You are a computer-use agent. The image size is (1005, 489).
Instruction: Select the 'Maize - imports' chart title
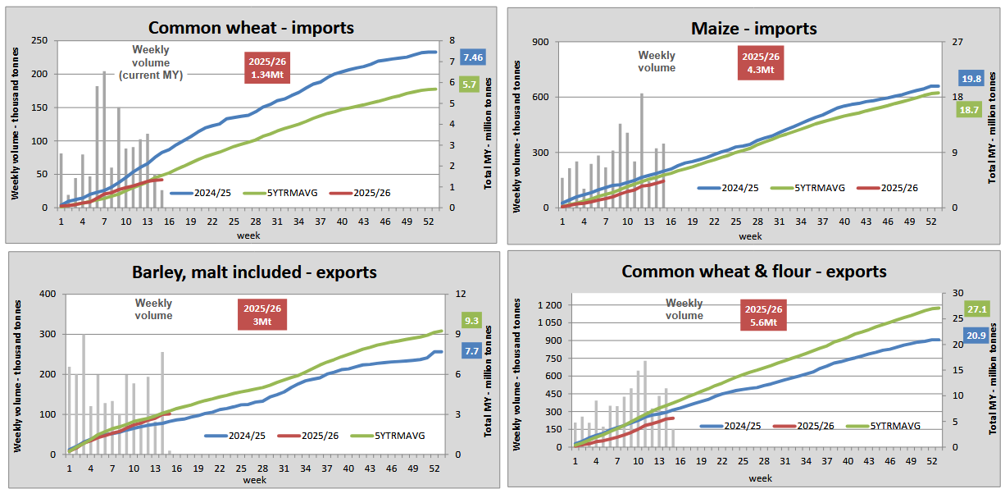pos(753,29)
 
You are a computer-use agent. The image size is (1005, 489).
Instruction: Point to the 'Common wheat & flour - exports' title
pos(753,271)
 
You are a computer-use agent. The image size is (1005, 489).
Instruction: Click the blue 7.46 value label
pos(473,57)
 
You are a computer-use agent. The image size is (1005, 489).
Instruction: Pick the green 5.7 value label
pos(469,84)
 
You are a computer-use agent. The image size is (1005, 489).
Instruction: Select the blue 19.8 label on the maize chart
pos(972,79)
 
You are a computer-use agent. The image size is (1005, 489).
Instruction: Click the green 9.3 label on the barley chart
pos(471,321)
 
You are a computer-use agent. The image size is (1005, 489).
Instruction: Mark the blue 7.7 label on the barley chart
pos(471,350)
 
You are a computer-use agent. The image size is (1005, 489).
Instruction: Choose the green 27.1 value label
pos(975,308)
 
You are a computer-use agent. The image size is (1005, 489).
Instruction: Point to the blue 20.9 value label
pos(975,336)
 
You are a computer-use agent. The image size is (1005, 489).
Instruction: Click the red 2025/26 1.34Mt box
pos(267,68)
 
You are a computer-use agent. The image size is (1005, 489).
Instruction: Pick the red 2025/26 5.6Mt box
pos(764,316)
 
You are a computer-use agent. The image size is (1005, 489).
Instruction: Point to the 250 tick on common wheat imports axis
pos(39,40)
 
